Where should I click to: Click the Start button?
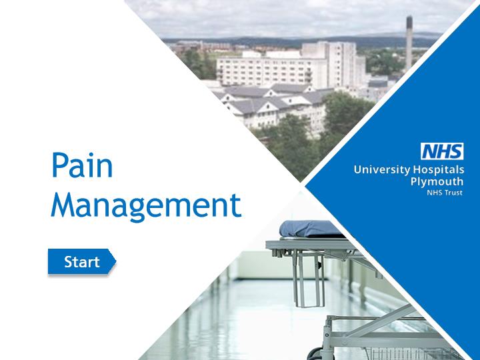(x=82, y=261)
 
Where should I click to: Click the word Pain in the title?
(x=83, y=165)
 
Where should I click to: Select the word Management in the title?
(x=146, y=206)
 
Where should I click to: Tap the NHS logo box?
(x=442, y=151)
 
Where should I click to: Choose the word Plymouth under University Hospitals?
(x=437, y=181)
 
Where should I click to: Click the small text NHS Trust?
(x=445, y=193)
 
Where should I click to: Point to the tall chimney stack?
(x=409, y=43)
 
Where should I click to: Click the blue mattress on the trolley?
(x=310, y=229)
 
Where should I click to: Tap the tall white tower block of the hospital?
(x=333, y=64)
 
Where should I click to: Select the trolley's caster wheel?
(x=315, y=354)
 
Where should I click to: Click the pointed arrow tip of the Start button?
(x=116, y=261)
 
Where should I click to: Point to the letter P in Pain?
(x=60, y=165)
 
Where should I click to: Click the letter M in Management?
(x=65, y=205)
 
